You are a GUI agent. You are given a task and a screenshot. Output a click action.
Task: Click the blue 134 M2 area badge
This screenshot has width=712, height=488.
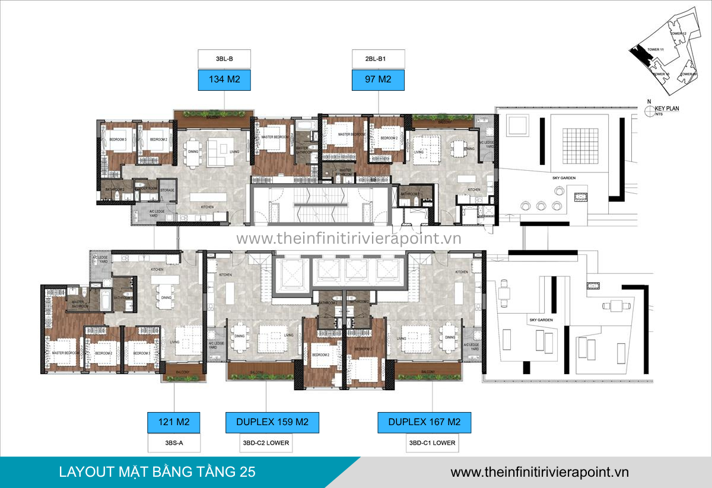pos(224,79)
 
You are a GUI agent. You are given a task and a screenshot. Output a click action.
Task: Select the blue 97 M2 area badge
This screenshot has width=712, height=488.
pos(378,79)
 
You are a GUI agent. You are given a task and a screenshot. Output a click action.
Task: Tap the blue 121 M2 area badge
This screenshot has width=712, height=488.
pos(174,422)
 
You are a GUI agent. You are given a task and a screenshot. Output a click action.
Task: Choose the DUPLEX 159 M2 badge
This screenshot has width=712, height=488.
pos(272,422)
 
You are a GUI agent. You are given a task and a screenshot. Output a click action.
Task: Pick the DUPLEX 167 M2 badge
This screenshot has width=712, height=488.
pos(424,422)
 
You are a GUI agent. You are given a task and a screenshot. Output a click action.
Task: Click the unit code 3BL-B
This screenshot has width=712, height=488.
pos(224,59)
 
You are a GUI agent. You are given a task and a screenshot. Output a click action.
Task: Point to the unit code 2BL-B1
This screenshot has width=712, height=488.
pos(378,59)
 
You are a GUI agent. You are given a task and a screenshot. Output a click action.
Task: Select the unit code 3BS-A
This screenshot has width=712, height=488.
pos(174,443)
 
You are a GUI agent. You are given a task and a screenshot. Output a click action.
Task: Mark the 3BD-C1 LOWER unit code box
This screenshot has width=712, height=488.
pos(431,443)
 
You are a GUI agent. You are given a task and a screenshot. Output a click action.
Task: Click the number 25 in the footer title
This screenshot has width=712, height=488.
pos(248,472)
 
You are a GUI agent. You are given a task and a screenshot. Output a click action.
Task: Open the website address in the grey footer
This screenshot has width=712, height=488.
pos(539,472)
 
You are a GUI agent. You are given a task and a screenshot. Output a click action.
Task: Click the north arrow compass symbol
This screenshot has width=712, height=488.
pos(650,110)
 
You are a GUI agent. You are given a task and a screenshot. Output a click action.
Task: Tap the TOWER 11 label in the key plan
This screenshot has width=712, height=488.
pos(654,49)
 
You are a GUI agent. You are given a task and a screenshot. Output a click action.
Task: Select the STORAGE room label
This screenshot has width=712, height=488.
pos(167,190)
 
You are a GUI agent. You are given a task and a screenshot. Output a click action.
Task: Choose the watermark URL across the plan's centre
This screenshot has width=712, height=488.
pos(349,238)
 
